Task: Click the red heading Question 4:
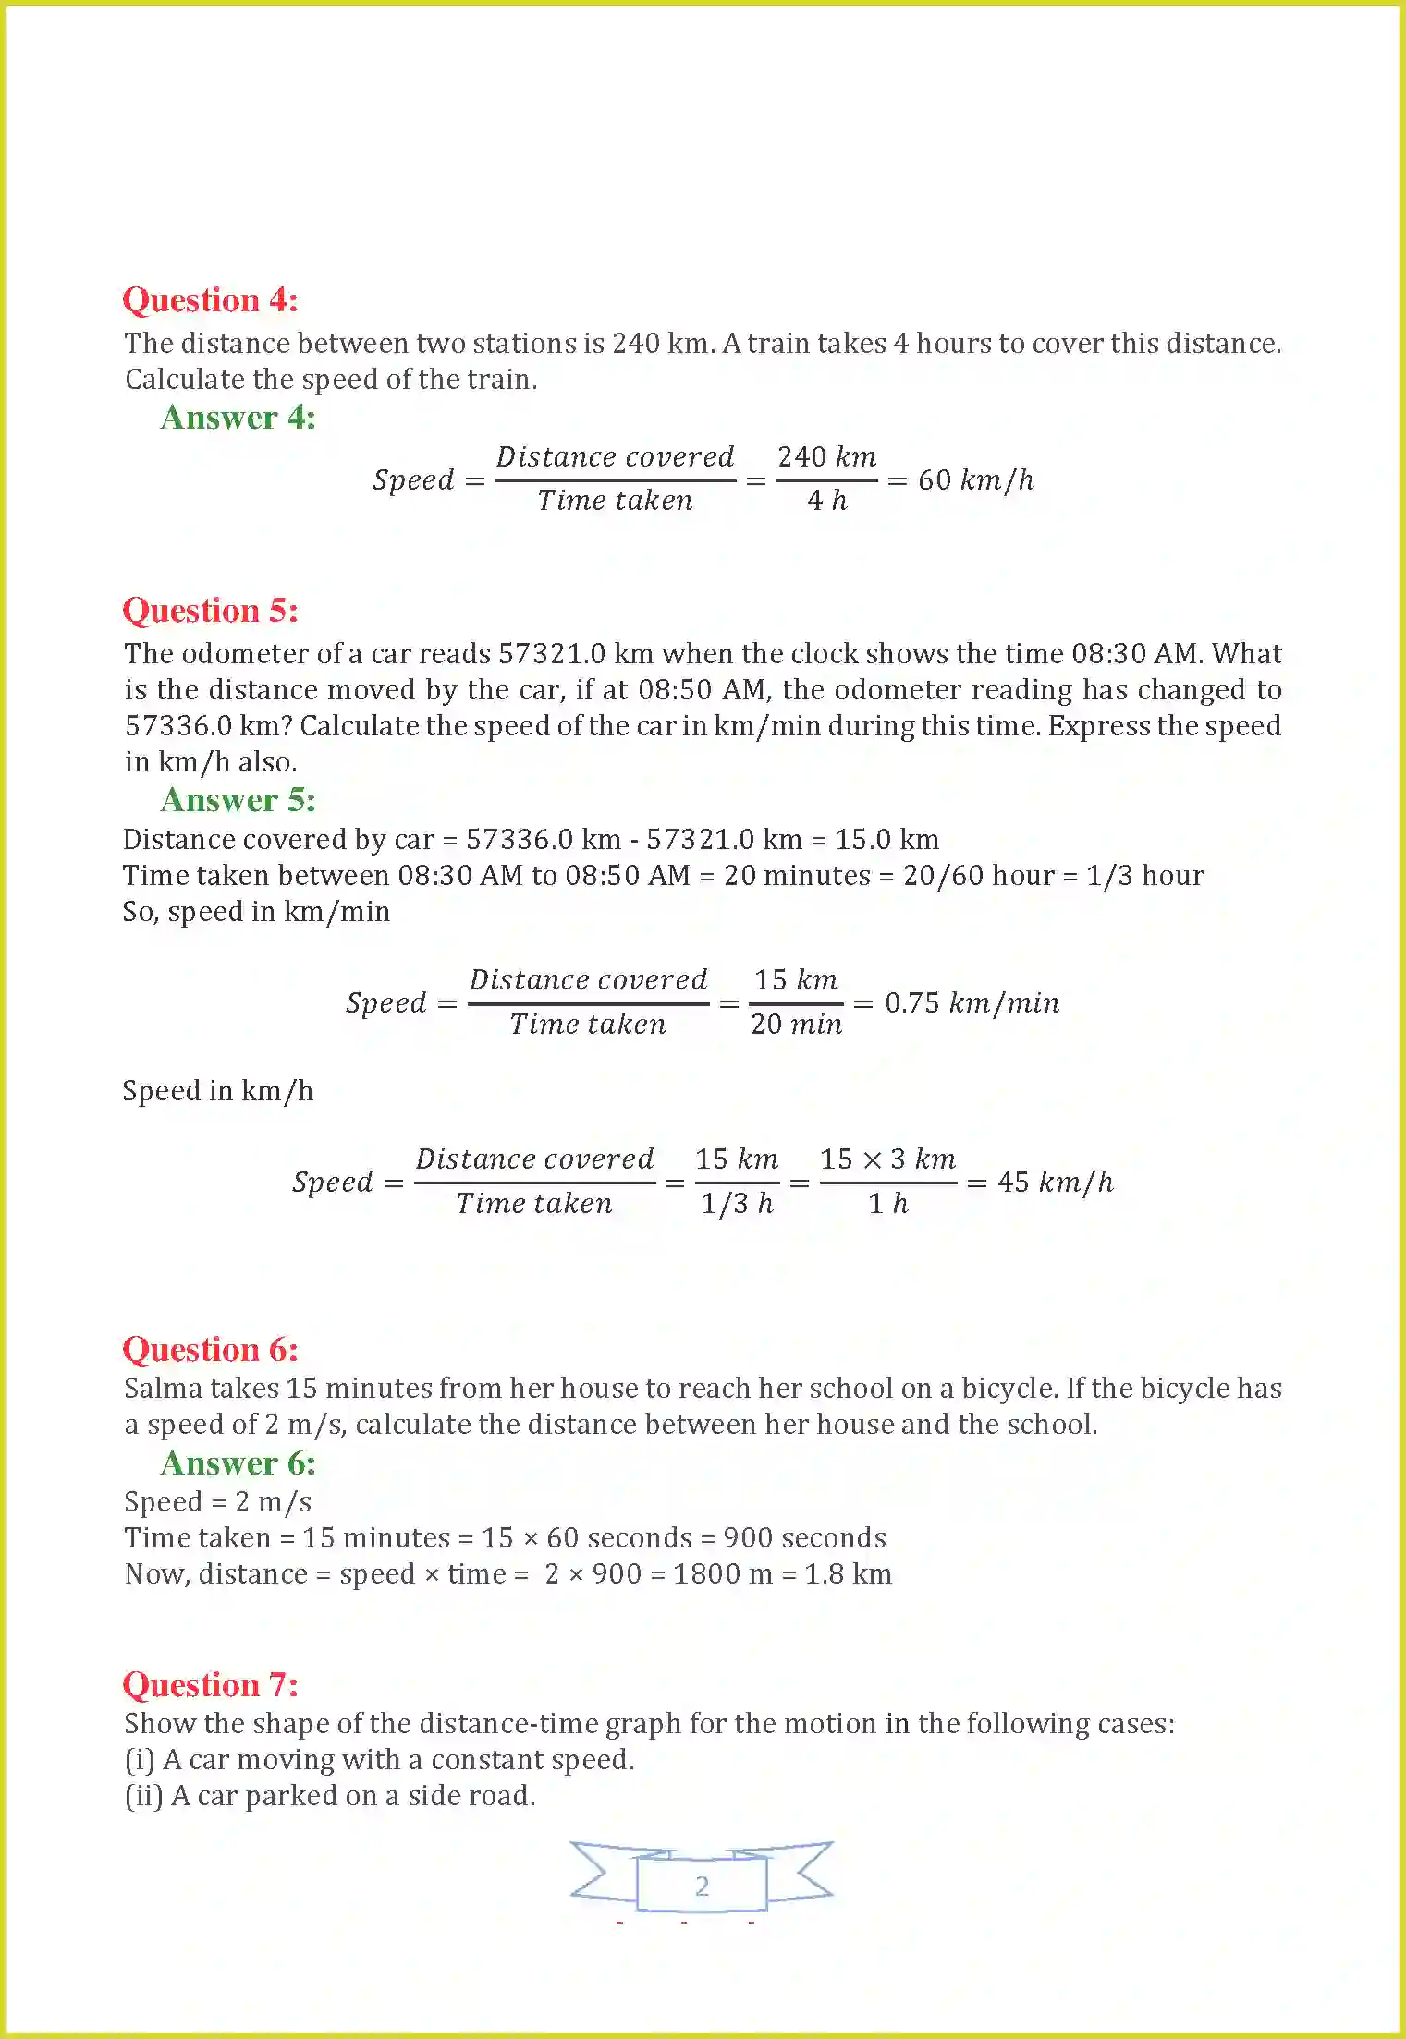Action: [210, 300]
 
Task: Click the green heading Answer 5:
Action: [238, 800]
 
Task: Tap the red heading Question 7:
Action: [210, 1685]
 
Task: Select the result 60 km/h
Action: [975, 480]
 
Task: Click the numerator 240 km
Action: [826, 457]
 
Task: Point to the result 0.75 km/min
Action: [972, 1003]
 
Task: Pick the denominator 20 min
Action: [796, 1025]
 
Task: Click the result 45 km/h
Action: [1055, 1183]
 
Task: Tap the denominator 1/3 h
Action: [736, 1204]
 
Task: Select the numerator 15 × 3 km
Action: [887, 1159]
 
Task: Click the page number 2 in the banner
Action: [702, 1886]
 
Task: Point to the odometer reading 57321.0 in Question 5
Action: [552, 654]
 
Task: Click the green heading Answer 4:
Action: [238, 418]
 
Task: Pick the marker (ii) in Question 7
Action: [144, 1796]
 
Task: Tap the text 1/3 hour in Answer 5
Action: [1144, 876]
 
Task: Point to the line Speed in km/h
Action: [218, 1091]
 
